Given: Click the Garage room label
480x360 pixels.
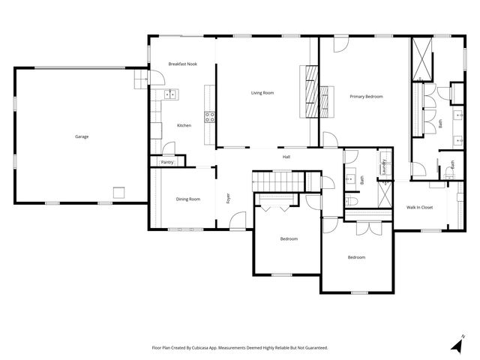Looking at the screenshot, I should click(x=82, y=136).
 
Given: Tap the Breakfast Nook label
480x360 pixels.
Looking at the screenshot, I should click(x=182, y=64).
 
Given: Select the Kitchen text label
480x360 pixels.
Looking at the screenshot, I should click(x=184, y=125).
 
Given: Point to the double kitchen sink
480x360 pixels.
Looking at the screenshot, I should click(x=170, y=94).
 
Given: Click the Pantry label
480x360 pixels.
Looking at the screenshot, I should click(x=166, y=162).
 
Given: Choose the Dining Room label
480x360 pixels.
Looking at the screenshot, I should click(x=188, y=199).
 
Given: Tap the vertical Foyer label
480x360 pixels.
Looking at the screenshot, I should click(x=227, y=199).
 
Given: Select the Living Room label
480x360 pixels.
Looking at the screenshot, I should click(x=262, y=92).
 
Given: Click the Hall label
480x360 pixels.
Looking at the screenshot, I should click(x=286, y=157).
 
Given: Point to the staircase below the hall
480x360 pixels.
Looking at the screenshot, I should click(x=277, y=181).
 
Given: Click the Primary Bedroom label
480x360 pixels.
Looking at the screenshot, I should click(x=367, y=97).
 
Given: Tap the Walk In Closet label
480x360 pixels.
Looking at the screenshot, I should click(x=420, y=207).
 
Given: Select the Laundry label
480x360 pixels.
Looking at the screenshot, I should click(x=384, y=166).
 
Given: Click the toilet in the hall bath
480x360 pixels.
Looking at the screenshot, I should click(x=351, y=201).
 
